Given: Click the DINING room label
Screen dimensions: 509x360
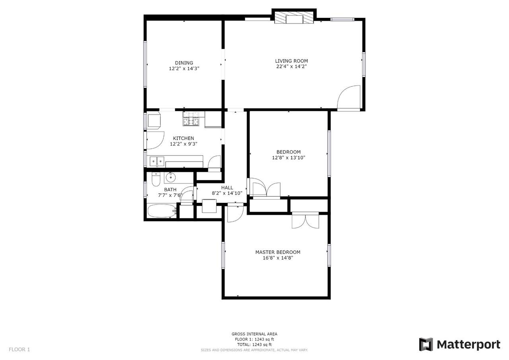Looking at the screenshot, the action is coord(184,63).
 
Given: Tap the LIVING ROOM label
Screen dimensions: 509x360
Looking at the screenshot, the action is coord(291,61).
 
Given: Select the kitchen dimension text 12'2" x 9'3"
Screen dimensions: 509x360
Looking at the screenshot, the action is coord(184,144).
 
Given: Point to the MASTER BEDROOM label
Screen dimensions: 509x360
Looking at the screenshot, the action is coord(278,252).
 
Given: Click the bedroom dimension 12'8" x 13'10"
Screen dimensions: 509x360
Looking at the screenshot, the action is coord(289,158).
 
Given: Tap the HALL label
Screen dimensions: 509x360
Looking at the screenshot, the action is coord(227,187).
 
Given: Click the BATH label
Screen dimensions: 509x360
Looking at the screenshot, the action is coord(170,189).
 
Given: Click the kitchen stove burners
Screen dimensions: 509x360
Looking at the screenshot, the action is coord(191,119).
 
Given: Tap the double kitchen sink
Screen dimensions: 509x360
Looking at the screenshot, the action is coord(157,162).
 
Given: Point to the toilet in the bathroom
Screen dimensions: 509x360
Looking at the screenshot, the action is coord(156,179).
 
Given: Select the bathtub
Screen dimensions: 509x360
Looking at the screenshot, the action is coord(162,211).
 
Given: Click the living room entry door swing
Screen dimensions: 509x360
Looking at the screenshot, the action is coord(349,98).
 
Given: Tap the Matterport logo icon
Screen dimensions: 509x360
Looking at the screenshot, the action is coord(426,344).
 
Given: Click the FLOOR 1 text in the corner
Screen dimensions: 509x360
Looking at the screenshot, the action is coord(19,350).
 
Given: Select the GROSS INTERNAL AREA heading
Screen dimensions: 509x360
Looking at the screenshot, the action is coord(254,334).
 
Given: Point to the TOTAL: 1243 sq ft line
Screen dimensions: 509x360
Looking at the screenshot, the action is coord(254,344).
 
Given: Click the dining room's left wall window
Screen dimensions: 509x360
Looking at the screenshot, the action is coord(145,64).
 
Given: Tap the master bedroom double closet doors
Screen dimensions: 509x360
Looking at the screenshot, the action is coord(306,220).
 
